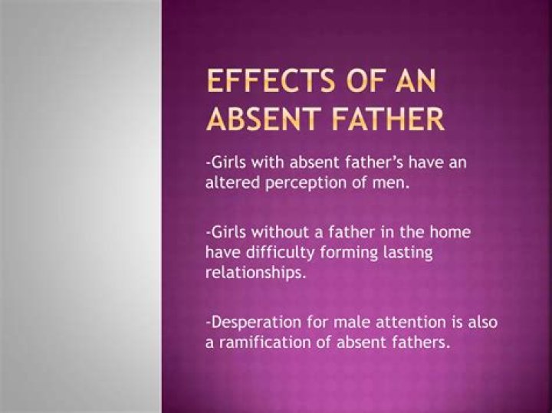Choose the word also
pos(480,323)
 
